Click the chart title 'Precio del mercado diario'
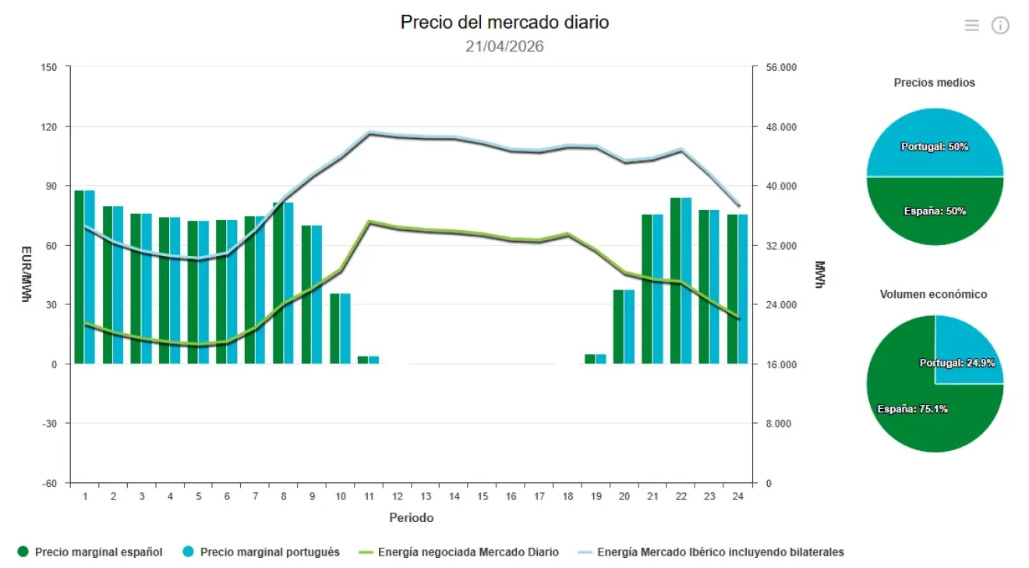[504, 22]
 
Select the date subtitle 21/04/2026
[504, 46]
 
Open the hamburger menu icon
[971, 26]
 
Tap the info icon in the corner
[1000, 26]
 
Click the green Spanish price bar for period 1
[79, 277]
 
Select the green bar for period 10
[334, 328]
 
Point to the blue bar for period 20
[629, 327]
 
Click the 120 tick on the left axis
[49, 126]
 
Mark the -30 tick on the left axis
[49, 424]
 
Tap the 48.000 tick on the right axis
[781, 127]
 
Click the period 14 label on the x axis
[454, 497]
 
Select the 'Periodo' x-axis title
[411, 518]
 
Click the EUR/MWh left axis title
[26, 275]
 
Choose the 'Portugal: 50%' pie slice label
[934, 147]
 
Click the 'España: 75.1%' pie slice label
[912, 409]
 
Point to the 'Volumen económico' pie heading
[933, 294]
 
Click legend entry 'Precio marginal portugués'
[269, 552]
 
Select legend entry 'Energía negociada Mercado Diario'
[468, 552]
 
